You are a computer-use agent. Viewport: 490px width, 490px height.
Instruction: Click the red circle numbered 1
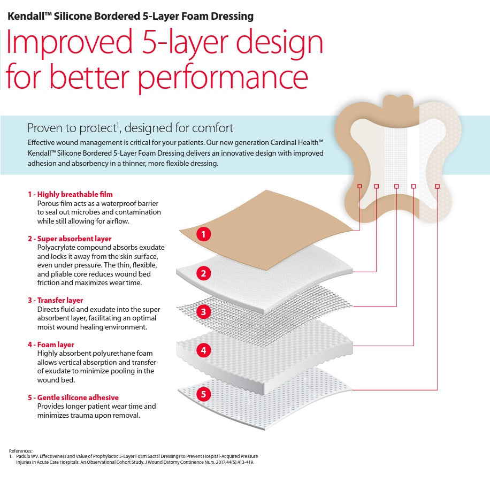203,234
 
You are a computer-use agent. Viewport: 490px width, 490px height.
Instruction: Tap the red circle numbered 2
203,273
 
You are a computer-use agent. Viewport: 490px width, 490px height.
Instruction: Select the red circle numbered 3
203,311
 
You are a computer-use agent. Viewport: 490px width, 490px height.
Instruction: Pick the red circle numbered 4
203,351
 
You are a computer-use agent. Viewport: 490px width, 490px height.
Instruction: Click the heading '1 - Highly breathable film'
70,194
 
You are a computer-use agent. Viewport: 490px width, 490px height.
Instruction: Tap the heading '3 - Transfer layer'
55,300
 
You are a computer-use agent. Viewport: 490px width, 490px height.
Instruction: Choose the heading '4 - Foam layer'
51,344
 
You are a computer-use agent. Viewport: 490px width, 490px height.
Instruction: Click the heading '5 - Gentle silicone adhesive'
73,397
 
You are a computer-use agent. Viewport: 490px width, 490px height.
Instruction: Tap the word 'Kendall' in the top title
25,16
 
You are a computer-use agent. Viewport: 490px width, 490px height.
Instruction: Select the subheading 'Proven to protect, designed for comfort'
130,128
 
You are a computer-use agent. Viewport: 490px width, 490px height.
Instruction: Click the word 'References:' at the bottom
21,451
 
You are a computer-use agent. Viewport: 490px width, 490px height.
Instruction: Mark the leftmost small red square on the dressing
359,186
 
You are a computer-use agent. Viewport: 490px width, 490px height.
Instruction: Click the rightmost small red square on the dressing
437,186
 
